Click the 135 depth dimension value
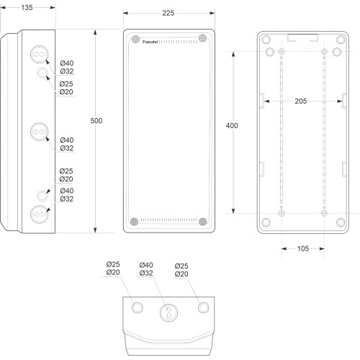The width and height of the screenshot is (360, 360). click(27, 8)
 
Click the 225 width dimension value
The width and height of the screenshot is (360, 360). click(168, 13)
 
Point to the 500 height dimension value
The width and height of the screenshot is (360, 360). click(96, 120)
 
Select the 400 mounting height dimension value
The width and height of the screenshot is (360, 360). click(232, 125)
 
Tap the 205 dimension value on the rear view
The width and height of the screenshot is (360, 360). click(301, 101)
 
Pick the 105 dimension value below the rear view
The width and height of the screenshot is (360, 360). click(303, 248)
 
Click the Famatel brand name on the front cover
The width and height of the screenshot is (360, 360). click(150, 42)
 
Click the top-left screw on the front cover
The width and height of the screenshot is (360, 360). click(135, 39)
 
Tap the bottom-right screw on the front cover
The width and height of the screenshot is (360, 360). click(203, 222)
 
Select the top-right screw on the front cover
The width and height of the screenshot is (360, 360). click(202, 38)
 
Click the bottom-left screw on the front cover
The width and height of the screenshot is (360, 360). click(134, 222)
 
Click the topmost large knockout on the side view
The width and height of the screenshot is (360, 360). click(40, 55)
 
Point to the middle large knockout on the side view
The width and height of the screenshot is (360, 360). click(40, 132)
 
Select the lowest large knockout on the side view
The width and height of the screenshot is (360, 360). click(40, 215)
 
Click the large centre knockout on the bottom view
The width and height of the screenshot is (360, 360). click(168, 312)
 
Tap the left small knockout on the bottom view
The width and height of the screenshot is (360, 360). click(138, 307)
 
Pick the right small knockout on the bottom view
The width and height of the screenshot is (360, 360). click(204, 307)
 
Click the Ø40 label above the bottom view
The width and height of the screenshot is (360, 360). click(146, 265)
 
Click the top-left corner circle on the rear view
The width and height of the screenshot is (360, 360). click(266, 40)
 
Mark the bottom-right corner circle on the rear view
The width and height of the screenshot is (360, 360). click(341, 222)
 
